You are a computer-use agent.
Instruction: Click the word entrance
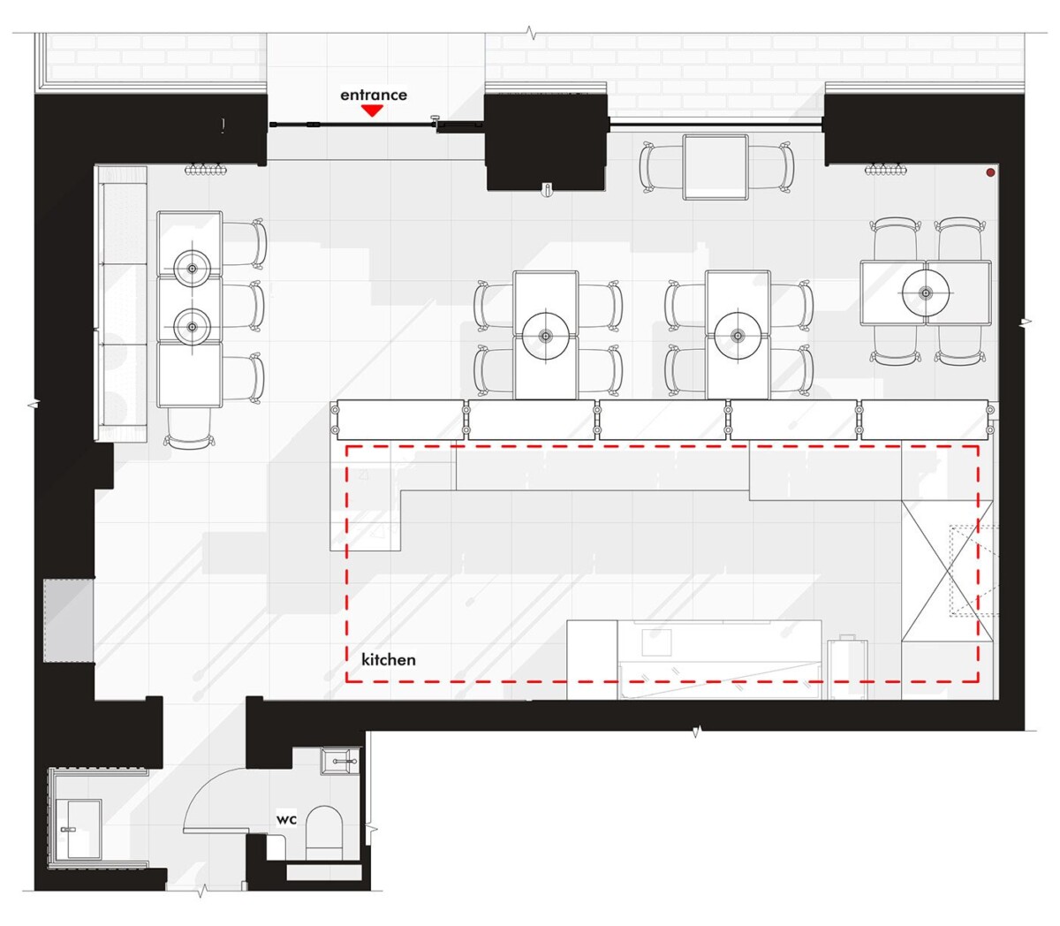click(374, 95)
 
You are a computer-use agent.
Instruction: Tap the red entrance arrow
click(372, 110)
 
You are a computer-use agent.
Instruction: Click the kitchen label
click(389, 660)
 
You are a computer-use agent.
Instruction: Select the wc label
click(286, 819)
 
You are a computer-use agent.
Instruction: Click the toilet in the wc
click(324, 833)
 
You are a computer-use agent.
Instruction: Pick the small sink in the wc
click(340, 761)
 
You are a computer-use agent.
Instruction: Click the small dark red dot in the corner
click(990, 172)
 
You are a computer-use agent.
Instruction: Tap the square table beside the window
click(715, 167)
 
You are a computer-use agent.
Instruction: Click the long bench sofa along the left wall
click(121, 303)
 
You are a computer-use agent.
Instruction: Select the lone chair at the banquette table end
click(190, 428)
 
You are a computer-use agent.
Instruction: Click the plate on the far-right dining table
click(926, 292)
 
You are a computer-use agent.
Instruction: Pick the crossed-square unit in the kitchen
click(948, 571)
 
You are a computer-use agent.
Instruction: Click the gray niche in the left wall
click(68, 620)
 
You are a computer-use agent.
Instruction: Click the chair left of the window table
click(661, 167)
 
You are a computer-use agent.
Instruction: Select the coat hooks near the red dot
click(886, 170)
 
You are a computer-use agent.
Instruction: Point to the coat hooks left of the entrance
click(206, 170)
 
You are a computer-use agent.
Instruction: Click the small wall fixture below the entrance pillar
click(546, 190)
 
